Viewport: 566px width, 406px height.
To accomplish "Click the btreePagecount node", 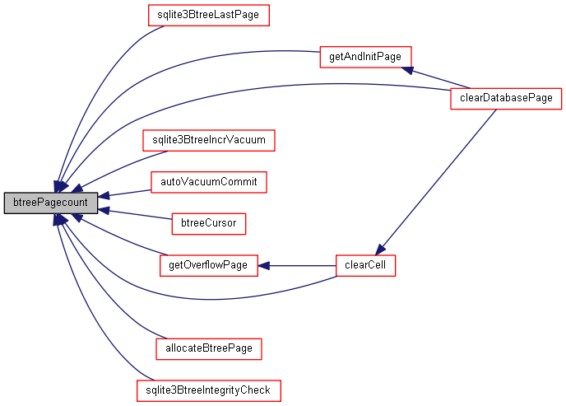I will [50, 203].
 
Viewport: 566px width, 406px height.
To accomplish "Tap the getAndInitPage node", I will [364, 58].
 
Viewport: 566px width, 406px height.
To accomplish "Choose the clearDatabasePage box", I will [506, 99].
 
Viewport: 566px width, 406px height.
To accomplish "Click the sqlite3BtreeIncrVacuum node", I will [208, 140].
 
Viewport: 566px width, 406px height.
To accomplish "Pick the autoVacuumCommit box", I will [209, 181].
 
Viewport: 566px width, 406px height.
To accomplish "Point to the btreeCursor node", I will [208, 223].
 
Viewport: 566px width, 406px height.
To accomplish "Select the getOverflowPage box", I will [208, 265].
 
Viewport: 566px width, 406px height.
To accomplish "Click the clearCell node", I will [366, 265].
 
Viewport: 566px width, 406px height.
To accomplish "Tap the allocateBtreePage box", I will [209, 349].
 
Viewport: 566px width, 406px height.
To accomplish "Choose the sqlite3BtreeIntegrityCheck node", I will [209, 389].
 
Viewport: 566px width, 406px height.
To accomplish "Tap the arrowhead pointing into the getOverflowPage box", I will [264, 265].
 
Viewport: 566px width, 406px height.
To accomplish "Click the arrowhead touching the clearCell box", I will [379, 250].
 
